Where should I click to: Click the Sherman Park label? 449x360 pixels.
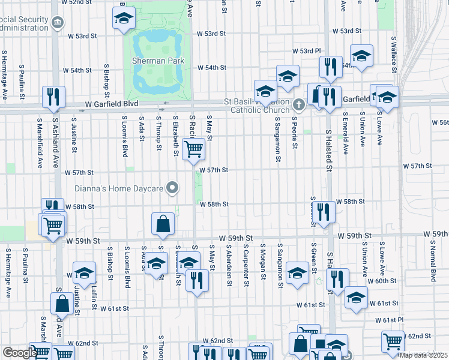[158, 61]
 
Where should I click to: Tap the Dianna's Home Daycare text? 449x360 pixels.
[119, 189]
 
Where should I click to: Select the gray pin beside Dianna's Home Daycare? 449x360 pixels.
[173, 188]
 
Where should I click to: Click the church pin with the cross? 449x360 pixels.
[299, 104]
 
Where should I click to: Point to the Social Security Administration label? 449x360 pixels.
[24, 23]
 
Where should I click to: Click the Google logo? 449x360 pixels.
[19, 353]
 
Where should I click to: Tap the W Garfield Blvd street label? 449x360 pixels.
[111, 104]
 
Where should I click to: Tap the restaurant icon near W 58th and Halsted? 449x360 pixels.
[324, 211]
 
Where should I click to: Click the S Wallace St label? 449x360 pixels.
[394, 54]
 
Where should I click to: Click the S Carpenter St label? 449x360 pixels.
[246, 261]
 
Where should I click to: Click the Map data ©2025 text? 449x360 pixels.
[423, 355]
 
